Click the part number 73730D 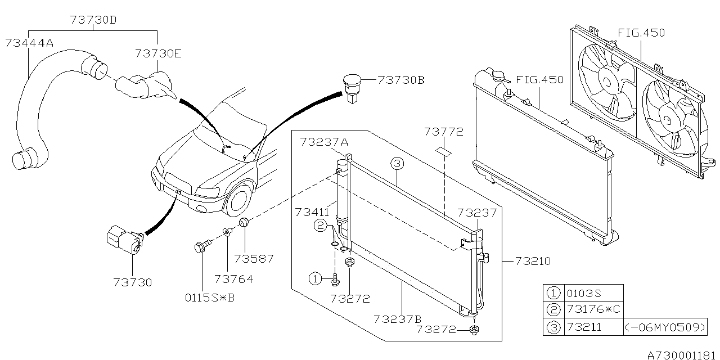(94, 19)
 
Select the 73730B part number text (401, 80)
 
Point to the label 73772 (444, 132)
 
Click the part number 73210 (531, 262)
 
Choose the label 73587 (254, 259)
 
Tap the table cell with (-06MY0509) (665, 327)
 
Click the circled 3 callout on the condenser (397, 164)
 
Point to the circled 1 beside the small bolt (316, 278)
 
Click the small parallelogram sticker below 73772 (444, 151)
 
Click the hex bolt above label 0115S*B (200, 247)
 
